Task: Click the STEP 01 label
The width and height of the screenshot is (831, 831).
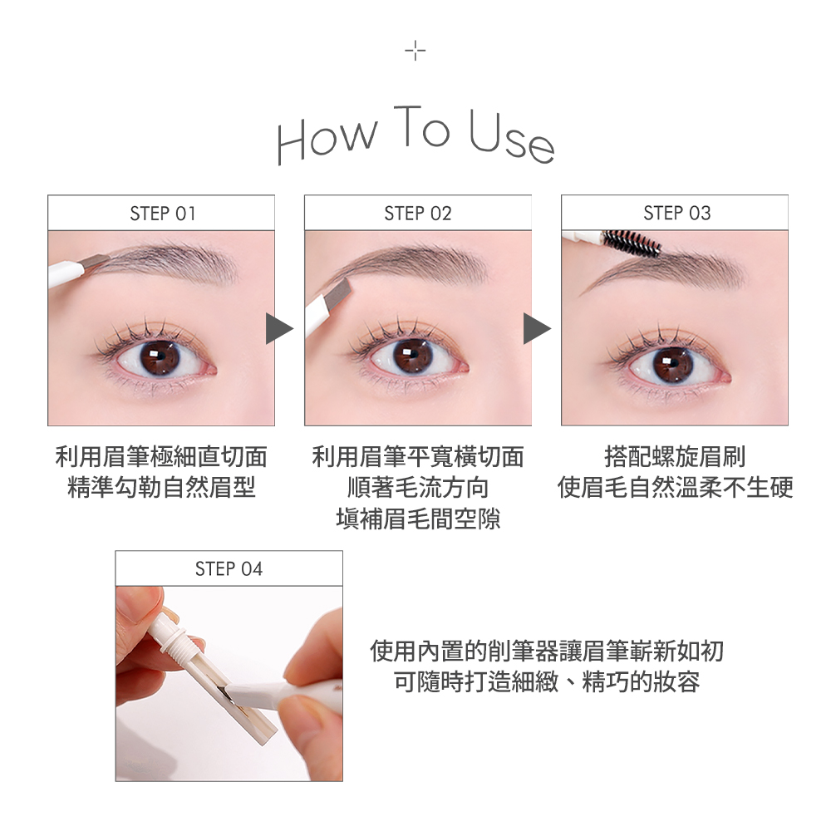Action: point(162,214)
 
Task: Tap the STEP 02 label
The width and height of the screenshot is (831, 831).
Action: point(418,214)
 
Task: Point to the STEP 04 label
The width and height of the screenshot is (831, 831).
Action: point(229,569)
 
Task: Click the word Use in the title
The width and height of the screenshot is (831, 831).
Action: point(509,137)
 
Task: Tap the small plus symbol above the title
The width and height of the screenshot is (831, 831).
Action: point(415,52)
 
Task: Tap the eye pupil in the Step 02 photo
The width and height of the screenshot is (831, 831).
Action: point(412,356)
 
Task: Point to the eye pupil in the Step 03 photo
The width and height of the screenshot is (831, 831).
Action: point(672,363)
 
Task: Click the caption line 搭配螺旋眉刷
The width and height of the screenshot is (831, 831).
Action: point(675,456)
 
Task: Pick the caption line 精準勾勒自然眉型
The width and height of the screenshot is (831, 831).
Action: point(161,488)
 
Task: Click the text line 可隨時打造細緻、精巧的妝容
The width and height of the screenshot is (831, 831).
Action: point(547,682)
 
